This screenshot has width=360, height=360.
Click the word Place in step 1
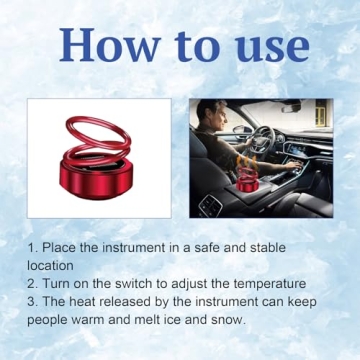pyautogui.click(x=61, y=246)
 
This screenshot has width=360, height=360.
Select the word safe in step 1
pyautogui.click(x=222, y=246)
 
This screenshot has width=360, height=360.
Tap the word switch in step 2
pyautogui.click(x=134, y=283)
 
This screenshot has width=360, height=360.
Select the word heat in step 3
pyautogui.click(x=85, y=302)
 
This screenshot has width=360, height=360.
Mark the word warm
pyautogui.click(x=98, y=320)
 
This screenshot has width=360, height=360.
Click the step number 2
pyautogui.click(x=32, y=283)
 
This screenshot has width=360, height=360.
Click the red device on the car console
pyautogui.click(x=246, y=177)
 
